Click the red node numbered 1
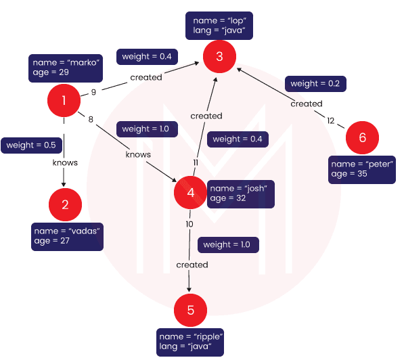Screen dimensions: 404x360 point(64,100)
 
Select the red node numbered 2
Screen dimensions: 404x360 point(65,204)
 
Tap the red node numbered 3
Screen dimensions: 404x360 point(219,56)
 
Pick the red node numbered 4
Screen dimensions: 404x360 point(190,192)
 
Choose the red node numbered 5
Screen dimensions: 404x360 point(190,310)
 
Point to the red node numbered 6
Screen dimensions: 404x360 point(362,137)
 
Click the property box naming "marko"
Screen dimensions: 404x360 point(66,68)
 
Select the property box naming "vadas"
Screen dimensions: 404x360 point(67,237)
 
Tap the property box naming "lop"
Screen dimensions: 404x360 point(219,26)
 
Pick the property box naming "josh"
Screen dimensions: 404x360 point(241,194)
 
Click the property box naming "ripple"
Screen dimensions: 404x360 point(190,342)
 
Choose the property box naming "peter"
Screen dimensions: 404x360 point(362,170)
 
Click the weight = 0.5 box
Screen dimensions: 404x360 point(31,145)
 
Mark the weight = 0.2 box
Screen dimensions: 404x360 point(315,84)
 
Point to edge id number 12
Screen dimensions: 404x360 point(331,120)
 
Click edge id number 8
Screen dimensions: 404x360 point(91,119)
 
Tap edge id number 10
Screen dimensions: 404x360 point(189,224)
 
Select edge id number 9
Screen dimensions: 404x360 point(93,92)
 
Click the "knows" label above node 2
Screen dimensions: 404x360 point(65,163)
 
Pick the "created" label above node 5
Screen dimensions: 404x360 point(192,265)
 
